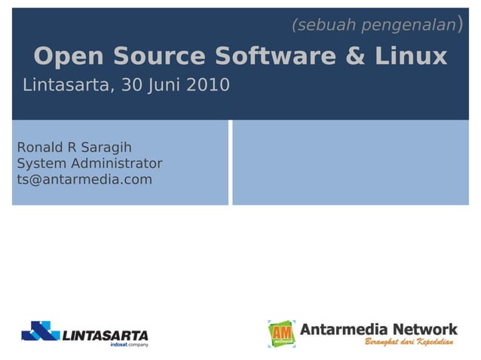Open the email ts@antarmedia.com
84,180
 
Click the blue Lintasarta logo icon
39,331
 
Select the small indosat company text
129,345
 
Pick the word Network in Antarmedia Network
425,329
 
